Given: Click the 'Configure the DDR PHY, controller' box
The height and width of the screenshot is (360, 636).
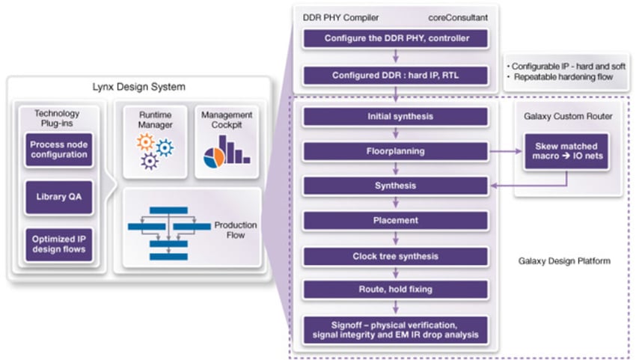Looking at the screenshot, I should pyautogui.click(x=396, y=38).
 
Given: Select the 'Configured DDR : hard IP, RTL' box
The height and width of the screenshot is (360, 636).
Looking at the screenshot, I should pyautogui.click(x=396, y=75).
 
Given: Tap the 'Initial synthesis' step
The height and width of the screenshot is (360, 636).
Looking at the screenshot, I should pyautogui.click(x=396, y=116).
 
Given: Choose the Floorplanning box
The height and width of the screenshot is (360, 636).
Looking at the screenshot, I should pyautogui.click(x=396, y=151).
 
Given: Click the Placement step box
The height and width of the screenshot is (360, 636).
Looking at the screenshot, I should pyautogui.click(x=396, y=221).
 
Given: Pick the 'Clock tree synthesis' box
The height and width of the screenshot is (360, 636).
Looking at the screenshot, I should pyautogui.click(x=396, y=256).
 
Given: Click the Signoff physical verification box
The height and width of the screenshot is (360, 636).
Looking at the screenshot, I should pyautogui.click(x=396, y=329).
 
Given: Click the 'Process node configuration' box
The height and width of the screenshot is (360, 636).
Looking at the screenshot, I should pyautogui.click(x=59, y=150).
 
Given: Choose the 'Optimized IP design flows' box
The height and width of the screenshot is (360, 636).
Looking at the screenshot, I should pyautogui.click(x=59, y=244).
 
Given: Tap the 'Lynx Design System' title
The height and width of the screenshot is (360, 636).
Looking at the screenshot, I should pyautogui.click(x=134, y=87).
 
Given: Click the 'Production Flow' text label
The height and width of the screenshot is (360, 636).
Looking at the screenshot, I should pyautogui.click(x=235, y=231).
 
